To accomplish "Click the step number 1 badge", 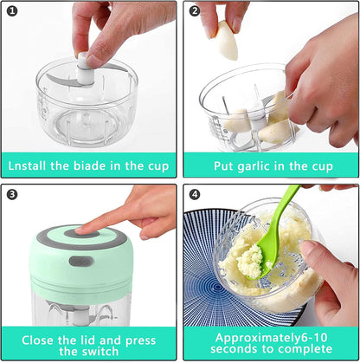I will [x=12, y=11].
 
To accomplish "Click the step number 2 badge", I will [x=194, y=11].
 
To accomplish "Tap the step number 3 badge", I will [x=12, y=194].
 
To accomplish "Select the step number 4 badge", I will [x=194, y=194].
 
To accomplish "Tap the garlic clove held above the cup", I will [x=228, y=40].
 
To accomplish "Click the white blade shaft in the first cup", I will [x=84, y=69].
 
